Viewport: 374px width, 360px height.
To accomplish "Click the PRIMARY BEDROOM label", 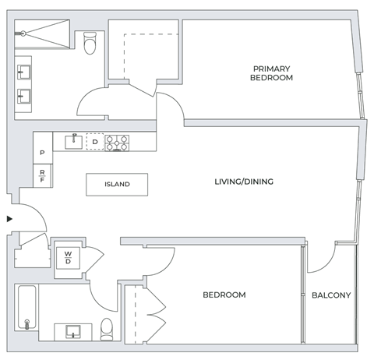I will pos(271,73).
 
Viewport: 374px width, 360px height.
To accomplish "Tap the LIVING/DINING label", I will pos(244,182).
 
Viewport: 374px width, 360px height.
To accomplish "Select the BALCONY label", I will pos(331,295).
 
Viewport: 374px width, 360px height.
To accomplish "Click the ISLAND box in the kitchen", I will pos(118,185).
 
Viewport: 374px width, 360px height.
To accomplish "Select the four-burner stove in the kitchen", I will pos(118,143).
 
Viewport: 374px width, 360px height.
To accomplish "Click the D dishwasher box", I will pos(94,143).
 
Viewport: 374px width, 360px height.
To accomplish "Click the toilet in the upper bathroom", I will pos(90,44).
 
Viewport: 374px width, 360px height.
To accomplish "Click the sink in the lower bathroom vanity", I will pos(73,331).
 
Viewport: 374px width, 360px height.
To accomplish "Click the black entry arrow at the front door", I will pos(9,219).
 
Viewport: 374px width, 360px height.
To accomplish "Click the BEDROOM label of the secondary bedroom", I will pos(224,295).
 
